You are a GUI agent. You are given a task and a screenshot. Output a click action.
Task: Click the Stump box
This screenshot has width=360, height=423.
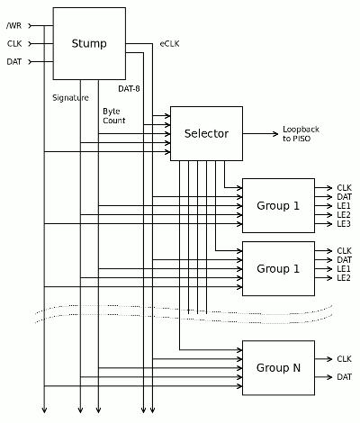tap(89, 43)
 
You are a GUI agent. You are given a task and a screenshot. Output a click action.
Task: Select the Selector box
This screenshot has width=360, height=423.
tap(206, 133)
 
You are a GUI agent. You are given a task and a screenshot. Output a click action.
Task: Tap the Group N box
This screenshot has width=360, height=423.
tap(278, 367)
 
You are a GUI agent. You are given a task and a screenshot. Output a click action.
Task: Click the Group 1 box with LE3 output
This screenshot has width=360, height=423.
tap(278, 205)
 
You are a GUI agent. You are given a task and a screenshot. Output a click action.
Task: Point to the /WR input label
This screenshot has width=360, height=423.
tap(14, 26)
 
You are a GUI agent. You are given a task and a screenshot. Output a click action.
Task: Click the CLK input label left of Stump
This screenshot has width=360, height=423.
tap(14, 44)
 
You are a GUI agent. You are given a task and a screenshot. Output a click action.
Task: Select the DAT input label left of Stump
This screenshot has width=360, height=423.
tap(14, 62)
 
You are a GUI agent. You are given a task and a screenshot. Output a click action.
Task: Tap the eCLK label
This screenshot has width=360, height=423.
tap(169, 44)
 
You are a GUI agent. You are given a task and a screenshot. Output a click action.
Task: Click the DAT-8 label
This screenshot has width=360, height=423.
tap(129, 89)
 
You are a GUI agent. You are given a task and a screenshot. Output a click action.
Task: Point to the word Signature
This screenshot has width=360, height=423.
tap(70, 98)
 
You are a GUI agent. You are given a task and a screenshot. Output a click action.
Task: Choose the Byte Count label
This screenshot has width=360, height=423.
tap(114, 116)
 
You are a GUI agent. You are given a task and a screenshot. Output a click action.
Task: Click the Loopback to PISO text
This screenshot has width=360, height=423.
tap(301, 134)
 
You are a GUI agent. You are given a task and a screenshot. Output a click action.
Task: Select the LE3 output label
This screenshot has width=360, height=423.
tap(344, 224)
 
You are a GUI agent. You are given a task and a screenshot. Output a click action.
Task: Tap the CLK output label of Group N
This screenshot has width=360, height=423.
tap(344, 359)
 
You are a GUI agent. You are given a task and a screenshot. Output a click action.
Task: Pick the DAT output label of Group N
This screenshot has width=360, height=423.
tap(344, 377)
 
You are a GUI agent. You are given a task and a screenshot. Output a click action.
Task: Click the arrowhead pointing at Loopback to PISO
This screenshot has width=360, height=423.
tap(275, 134)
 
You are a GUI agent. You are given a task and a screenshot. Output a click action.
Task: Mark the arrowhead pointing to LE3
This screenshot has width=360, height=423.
tap(329, 224)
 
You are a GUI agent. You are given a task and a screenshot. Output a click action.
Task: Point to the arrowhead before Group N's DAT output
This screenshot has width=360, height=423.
tap(329, 377)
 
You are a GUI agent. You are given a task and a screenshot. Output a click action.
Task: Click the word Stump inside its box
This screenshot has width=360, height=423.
tap(89, 44)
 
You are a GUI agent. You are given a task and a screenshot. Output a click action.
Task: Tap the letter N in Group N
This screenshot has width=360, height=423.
tap(296, 367)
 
